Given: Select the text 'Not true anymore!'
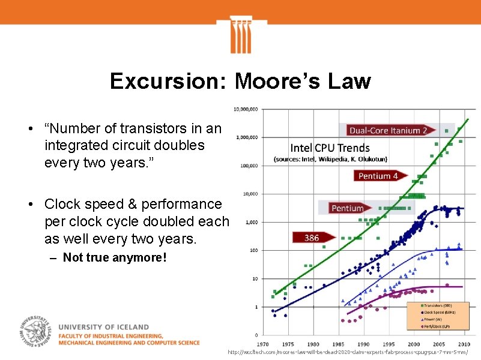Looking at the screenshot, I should [x=114, y=258].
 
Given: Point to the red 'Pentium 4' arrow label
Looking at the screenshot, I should [x=378, y=176].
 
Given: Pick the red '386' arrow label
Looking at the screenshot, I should [x=312, y=238].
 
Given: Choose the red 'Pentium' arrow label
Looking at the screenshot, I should [x=347, y=208].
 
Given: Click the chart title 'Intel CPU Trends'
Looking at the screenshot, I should [x=330, y=148].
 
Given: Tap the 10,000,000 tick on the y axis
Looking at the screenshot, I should [x=246, y=109].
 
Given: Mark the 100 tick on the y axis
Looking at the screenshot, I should [x=254, y=250].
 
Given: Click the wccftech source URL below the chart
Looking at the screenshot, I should [x=348, y=353].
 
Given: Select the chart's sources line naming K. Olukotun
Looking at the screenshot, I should [x=330, y=159].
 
